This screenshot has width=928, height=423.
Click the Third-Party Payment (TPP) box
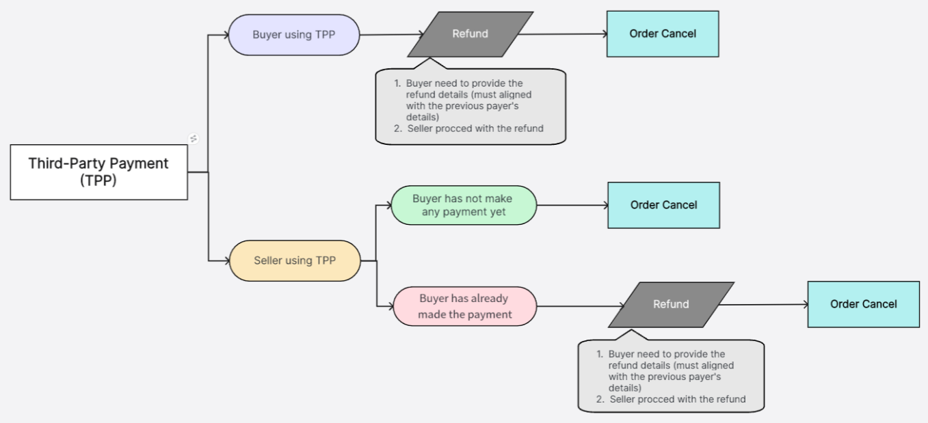point(98,172)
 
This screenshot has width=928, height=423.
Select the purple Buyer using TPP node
point(293,35)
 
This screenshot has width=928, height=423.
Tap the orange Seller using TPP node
point(293,260)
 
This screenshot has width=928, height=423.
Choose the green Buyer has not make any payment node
point(463,205)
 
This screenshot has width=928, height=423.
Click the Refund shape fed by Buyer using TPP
point(470,34)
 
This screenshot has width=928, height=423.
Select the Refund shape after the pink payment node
point(670,305)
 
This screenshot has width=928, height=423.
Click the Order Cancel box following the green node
point(663,205)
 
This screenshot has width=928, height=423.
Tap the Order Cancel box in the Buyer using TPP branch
point(663,34)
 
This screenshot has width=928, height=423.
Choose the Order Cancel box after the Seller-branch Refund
point(863,305)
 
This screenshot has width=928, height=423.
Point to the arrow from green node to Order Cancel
point(571,205)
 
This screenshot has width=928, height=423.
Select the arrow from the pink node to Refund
point(574,305)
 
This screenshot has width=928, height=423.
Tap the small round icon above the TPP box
point(194,139)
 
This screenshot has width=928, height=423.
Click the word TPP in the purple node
point(325,34)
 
